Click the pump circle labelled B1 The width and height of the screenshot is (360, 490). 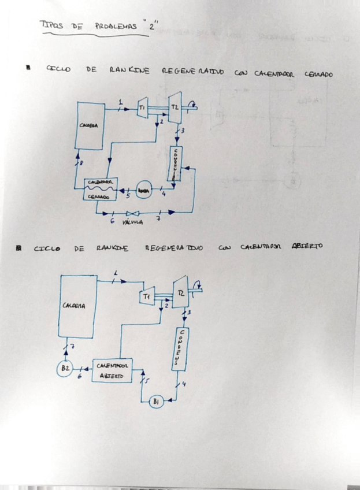point(155,402)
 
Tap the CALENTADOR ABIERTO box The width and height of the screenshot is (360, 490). point(112,370)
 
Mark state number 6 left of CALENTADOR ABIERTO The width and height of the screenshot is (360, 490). point(80,376)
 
